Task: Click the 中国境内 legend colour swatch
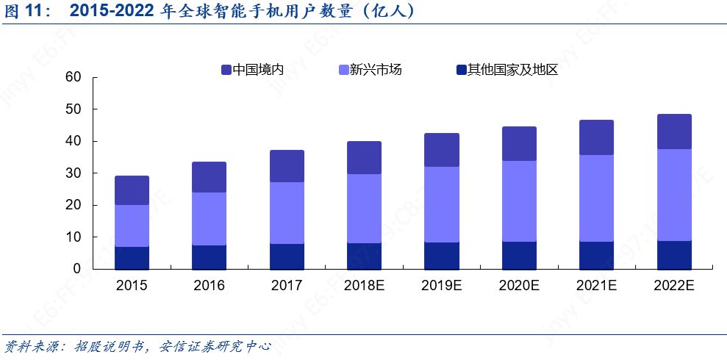coord(226,71)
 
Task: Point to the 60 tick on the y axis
coord(72,77)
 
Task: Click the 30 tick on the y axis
coord(72,173)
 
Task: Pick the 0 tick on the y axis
coord(76,270)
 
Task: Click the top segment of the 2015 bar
coord(132,190)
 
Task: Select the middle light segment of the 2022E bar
coord(673,195)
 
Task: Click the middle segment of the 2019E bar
coord(442,204)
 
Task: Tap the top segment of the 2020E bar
coord(519,143)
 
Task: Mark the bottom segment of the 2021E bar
coord(596,255)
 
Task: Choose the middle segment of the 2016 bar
coord(209,218)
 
